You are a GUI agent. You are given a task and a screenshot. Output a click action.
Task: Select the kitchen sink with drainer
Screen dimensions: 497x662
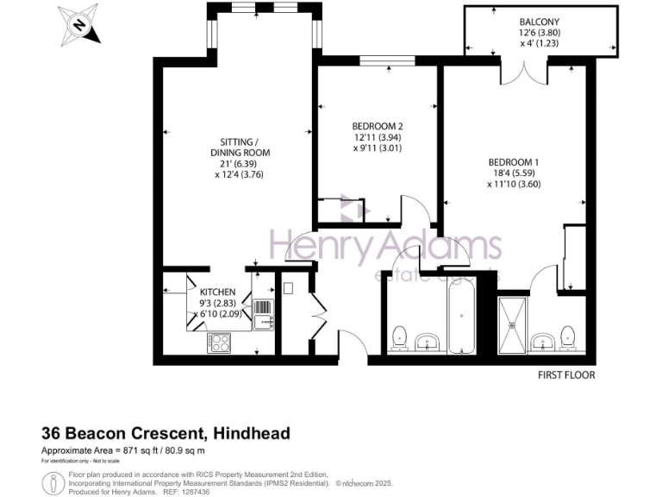pyautogui.click(x=262, y=314)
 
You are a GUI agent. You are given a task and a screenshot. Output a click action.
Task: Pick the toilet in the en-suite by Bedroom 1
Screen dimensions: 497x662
pyautogui.click(x=568, y=337)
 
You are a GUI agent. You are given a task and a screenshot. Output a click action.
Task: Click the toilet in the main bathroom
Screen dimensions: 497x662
pyautogui.click(x=400, y=338)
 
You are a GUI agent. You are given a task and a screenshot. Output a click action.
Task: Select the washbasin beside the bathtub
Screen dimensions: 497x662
pyautogui.click(x=426, y=343)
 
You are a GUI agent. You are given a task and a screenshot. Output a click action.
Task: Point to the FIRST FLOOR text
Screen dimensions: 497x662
pyautogui.click(x=566, y=375)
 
